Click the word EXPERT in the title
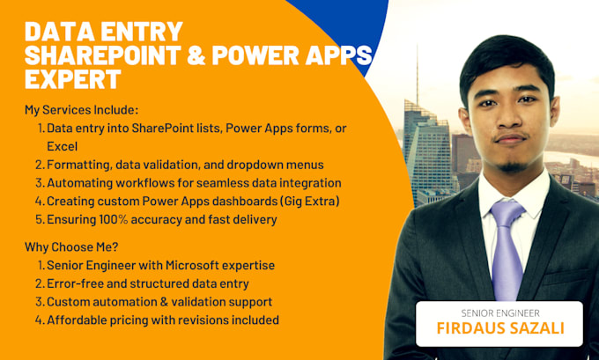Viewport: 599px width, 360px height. pyautogui.click(x=72, y=80)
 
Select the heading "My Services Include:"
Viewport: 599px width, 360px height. pyautogui.click(x=81, y=110)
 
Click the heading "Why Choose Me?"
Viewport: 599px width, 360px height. pyautogui.click(x=70, y=246)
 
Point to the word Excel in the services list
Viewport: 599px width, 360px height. pyautogui.click(x=63, y=146)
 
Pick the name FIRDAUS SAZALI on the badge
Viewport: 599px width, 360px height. pyautogui.click(x=499, y=330)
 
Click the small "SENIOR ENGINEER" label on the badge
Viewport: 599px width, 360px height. pyautogui.click(x=499, y=312)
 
